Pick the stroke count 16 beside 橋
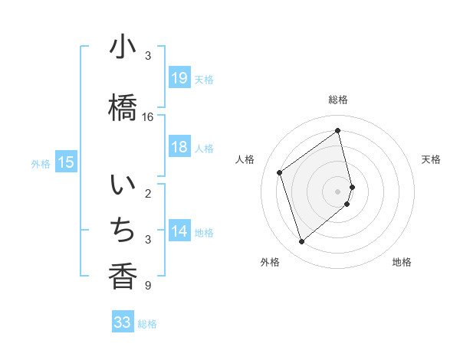[148, 117]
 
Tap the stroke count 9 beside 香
[147, 286]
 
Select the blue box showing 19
[179, 77]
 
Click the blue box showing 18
[179, 147]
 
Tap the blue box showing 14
[179, 231]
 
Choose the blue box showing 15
[66, 162]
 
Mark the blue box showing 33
[123, 322]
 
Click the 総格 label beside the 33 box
[147, 324]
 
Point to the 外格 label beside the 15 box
[41, 163]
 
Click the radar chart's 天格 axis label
[431, 159]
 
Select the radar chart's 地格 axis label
[402, 262]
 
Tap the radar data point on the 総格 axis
[338, 130]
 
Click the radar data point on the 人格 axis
[280, 173]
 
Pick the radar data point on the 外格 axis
[301, 242]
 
